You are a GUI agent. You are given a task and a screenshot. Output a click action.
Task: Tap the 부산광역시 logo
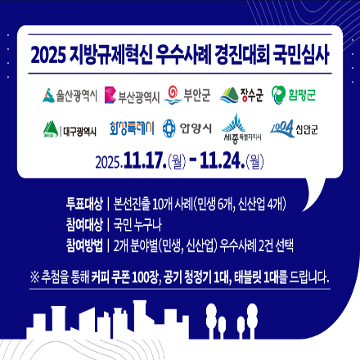pos(128,97)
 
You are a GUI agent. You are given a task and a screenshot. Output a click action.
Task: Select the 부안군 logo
pos(187,95)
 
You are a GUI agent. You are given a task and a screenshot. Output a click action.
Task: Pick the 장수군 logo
pos(241,96)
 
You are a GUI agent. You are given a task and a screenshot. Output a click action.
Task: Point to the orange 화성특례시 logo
pos(131,128)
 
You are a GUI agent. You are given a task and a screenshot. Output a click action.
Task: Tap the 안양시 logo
pos(187,128)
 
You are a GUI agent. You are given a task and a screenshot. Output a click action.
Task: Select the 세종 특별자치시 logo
pos(241,128)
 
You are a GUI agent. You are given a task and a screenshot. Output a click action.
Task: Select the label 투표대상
pos(83,204)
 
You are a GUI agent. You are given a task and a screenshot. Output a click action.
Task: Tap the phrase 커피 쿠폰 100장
pos(126,277)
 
